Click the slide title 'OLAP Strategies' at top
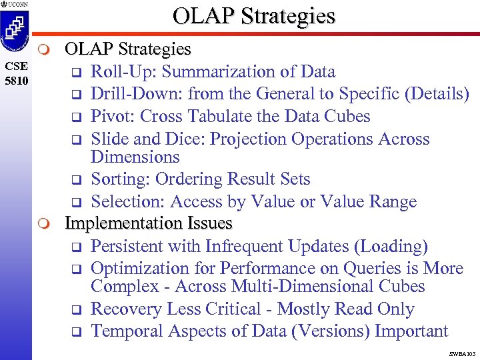[x=253, y=16]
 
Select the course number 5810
[x=15, y=79]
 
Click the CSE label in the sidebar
[x=15, y=66]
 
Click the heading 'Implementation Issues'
[x=148, y=223]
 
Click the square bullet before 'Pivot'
[x=76, y=117]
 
